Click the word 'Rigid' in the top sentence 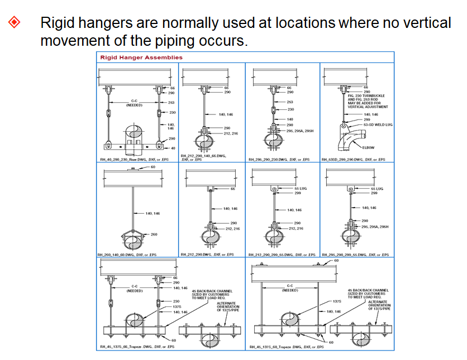pyautogui.click(x=57, y=23)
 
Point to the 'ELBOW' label pyautogui.click(x=368, y=147)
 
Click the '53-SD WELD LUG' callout pyautogui.click(x=378, y=124)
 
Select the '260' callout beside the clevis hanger pyautogui.click(x=154, y=234)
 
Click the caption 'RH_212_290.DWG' pyautogui.click(x=207, y=255)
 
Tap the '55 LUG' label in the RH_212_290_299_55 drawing pyautogui.click(x=301, y=189)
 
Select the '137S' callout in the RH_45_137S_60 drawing pyautogui.click(x=337, y=301)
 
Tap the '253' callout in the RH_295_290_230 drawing pyautogui.click(x=290, y=102)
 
